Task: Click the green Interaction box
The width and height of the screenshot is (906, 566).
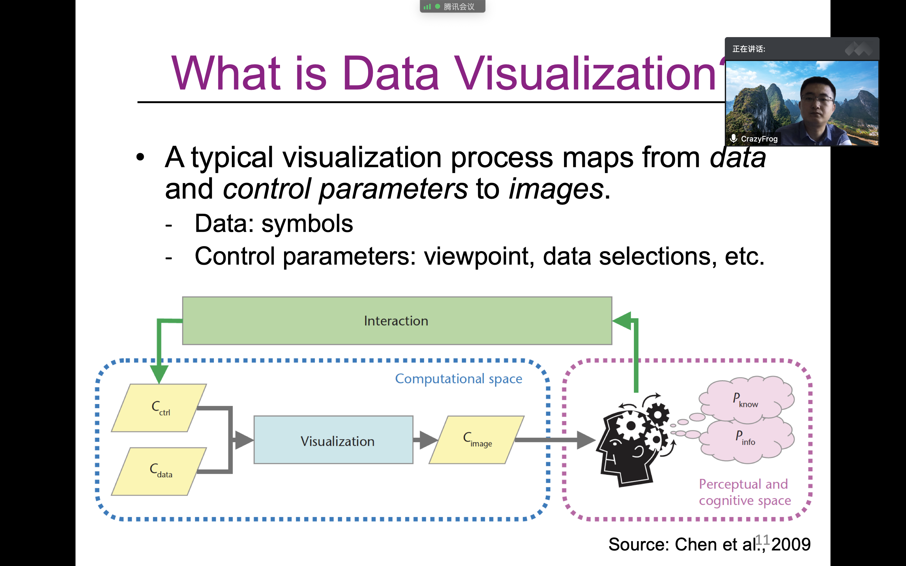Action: click(397, 321)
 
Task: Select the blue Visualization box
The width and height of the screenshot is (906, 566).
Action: click(333, 440)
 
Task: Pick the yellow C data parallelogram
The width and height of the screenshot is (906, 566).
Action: click(159, 471)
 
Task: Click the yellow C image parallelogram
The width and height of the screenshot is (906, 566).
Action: click(477, 440)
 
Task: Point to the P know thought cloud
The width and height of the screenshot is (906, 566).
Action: click(746, 399)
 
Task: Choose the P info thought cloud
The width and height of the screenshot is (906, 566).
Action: click(746, 438)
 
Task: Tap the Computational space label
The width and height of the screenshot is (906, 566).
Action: click(459, 379)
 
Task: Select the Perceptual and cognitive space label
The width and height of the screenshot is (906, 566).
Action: click(744, 492)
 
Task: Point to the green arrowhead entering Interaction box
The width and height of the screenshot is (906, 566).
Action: click(622, 321)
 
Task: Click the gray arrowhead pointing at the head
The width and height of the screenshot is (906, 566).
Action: click(586, 440)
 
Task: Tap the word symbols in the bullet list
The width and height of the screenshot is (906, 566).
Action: click(307, 224)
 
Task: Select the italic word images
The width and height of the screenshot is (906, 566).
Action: click(556, 189)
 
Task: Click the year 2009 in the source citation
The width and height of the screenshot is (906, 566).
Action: click(791, 544)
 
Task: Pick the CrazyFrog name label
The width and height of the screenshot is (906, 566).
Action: click(759, 139)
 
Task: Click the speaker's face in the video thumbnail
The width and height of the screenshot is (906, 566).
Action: click(818, 101)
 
